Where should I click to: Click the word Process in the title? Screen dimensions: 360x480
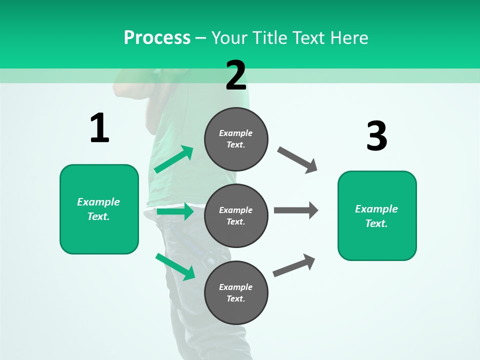click(x=157, y=38)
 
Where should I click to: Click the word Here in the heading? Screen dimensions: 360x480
click(x=348, y=38)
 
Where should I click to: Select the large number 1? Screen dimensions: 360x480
click(x=99, y=128)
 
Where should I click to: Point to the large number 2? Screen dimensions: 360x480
click(x=236, y=75)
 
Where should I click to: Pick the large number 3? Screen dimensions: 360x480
click(x=376, y=136)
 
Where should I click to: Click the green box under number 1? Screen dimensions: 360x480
click(x=99, y=209)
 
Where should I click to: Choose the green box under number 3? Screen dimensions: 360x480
click(x=377, y=215)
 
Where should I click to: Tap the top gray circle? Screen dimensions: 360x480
click(x=236, y=139)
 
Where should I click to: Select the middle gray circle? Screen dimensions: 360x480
click(x=236, y=215)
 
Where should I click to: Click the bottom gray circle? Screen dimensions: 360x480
click(x=236, y=292)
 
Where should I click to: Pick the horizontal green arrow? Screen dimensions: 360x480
click(x=175, y=212)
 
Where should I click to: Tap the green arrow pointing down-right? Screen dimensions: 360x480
click(x=175, y=266)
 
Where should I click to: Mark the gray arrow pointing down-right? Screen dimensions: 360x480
click(x=298, y=160)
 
